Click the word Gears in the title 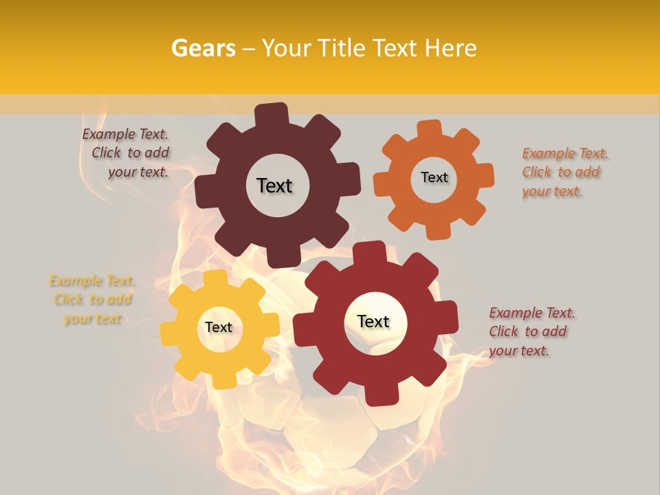point(203,48)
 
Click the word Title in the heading point(346,48)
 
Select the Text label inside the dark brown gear point(274,186)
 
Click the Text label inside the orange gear point(434,177)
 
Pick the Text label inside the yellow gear point(219,328)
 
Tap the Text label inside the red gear point(373,321)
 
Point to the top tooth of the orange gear point(430,130)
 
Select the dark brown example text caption point(126,153)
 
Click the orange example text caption point(565,173)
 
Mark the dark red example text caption point(532,331)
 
